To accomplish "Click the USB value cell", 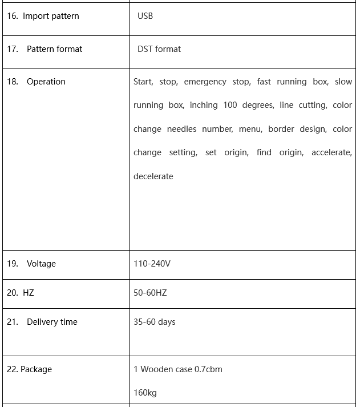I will click(x=145, y=16).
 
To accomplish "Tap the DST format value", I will click(x=159, y=49).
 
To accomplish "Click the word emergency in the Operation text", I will click(x=205, y=82).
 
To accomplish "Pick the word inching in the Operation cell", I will click(x=203, y=105).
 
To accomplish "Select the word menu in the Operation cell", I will click(x=250, y=129).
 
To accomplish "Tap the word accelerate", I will click(x=331, y=152).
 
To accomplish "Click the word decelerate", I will click(x=153, y=176).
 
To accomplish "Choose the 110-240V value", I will click(x=152, y=264).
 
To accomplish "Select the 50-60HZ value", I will click(x=150, y=293).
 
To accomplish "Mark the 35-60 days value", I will click(x=154, y=322).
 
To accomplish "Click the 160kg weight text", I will click(x=145, y=393).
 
